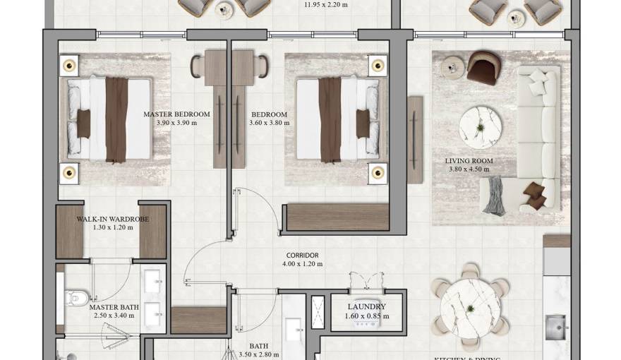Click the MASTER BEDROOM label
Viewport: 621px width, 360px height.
pyautogui.click(x=176, y=114)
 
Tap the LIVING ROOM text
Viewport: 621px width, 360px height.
pyautogui.click(x=469, y=161)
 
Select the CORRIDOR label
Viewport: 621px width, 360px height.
pyautogui.click(x=303, y=256)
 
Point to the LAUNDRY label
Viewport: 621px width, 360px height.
pyautogui.click(x=366, y=307)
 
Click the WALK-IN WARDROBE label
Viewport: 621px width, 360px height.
pyautogui.click(x=112, y=220)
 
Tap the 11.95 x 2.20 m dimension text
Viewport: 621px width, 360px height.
pyautogui.click(x=325, y=4)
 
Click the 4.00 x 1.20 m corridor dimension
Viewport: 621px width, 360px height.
pyautogui.click(x=303, y=265)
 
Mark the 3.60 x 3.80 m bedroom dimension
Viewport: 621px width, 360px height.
pyautogui.click(x=269, y=123)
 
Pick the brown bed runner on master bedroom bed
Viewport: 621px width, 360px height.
pyautogui.click(x=115, y=118)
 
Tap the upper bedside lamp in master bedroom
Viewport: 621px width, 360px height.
pyautogui.click(x=68, y=66)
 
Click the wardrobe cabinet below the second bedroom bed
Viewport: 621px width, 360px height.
pyautogui.click(x=338, y=217)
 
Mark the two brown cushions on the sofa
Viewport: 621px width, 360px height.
pyautogui.click(x=535, y=196)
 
